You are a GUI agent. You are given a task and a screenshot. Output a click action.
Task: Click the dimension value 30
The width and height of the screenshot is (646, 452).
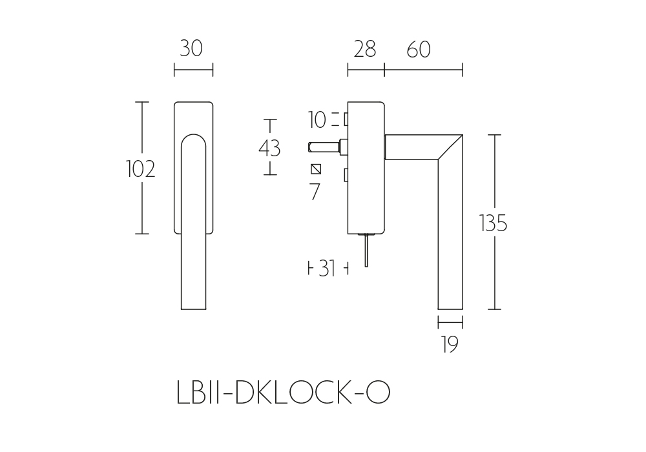click(191, 48)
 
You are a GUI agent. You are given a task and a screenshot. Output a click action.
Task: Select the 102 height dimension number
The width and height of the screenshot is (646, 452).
click(140, 169)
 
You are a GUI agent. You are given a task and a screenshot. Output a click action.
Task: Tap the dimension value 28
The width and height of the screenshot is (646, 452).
click(364, 50)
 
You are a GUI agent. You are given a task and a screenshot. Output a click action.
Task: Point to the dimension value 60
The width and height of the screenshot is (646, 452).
click(419, 50)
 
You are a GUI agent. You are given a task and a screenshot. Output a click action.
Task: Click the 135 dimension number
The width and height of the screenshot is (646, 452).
click(493, 223)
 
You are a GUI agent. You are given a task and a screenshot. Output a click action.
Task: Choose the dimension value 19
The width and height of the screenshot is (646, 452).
click(450, 345)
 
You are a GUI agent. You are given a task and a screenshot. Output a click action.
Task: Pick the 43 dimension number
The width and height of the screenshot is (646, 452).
click(269, 149)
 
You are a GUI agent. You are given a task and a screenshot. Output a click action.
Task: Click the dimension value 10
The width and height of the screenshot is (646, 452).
click(317, 120)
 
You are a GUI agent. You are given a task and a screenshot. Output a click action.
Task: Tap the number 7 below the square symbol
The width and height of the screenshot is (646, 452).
click(315, 192)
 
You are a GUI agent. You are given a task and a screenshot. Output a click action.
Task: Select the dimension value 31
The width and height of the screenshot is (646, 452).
click(327, 269)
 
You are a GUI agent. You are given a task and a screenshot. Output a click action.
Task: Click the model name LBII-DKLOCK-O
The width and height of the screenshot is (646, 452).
click(283, 393)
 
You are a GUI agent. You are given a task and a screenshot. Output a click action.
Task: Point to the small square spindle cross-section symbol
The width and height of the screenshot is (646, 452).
click(316, 169)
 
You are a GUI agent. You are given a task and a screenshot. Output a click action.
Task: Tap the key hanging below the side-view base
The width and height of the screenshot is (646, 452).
click(366, 251)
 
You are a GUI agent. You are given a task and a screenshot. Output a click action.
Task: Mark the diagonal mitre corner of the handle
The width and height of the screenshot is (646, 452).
click(450, 147)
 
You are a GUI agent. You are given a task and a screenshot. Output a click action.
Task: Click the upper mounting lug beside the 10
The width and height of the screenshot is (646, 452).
click(346, 120)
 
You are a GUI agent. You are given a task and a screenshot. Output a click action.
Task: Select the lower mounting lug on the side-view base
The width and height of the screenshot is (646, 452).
click(346, 175)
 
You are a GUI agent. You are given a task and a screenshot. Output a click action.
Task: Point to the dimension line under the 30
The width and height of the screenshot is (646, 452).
click(193, 70)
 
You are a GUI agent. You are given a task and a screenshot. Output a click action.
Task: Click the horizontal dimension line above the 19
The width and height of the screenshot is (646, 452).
click(450, 322)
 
